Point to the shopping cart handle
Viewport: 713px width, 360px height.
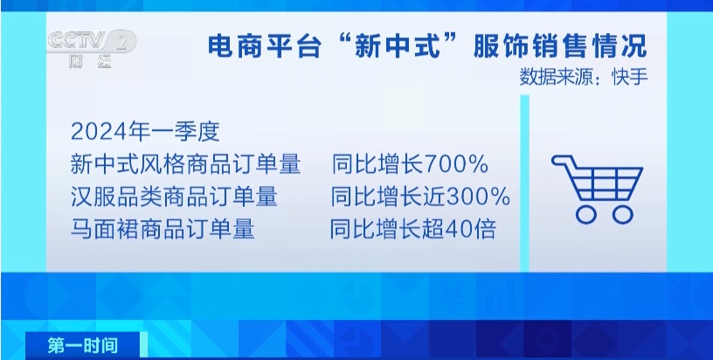click(560, 160)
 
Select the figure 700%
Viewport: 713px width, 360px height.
click(460, 164)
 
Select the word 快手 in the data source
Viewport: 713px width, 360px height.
click(627, 76)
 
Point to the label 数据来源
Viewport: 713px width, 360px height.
click(553, 76)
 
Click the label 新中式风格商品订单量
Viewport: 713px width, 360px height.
click(185, 164)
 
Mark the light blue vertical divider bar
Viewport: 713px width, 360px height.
click(525, 183)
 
